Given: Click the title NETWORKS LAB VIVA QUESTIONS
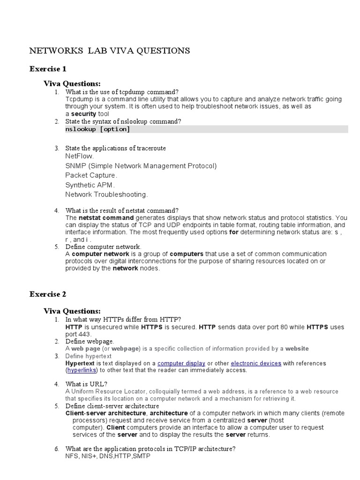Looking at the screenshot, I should [110, 51].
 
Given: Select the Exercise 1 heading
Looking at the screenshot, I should [48, 69].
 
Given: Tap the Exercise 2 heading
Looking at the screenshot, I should [48, 294].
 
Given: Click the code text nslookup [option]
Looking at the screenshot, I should [97, 129].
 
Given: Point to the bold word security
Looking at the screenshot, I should [83, 114].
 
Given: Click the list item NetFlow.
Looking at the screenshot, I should [79, 156].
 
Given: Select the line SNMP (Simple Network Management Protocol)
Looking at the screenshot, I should [141, 166].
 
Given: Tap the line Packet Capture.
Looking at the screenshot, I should [91, 175].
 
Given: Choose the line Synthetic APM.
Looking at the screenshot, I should [90, 185].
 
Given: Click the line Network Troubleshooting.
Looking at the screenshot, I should [107, 194].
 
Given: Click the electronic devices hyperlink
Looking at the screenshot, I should [256, 363].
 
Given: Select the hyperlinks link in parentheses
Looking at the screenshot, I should [82, 370].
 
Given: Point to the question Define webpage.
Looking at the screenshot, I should [90, 342].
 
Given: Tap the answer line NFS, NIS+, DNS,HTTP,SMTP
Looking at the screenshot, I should [108, 456].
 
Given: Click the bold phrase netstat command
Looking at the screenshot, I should [106, 218].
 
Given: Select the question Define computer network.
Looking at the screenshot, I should [103, 247].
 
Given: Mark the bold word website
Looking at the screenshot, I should [297, 349].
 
